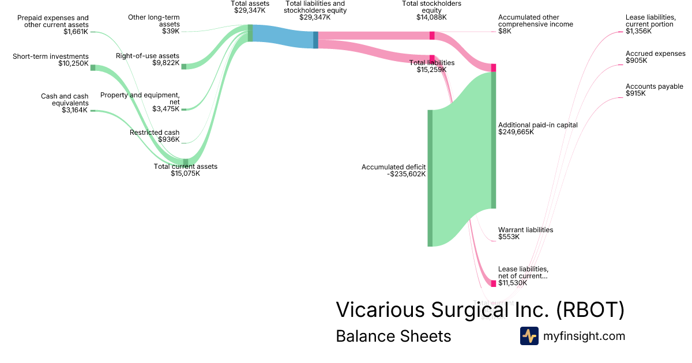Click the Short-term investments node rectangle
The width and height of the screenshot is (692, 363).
(92, 67)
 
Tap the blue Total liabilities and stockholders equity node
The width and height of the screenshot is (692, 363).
(315, 40)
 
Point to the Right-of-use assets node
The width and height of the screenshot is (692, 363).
(184, 67)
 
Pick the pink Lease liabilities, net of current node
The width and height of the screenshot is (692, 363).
(493, 283)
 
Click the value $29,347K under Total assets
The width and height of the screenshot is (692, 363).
(250, 10)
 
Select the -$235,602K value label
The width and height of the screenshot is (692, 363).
(407, 174)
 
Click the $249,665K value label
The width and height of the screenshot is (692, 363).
(516, 132)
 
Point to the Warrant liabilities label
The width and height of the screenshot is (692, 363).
(525, 230)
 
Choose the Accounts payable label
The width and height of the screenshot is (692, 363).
(654, 86)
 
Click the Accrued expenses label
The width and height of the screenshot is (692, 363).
(655, 54)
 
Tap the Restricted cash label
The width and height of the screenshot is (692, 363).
(154, 133)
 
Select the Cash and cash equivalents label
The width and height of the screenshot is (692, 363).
(65, 100)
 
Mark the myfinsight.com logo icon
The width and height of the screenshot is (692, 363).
(529, 336)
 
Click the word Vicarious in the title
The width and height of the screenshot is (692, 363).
(380, 310)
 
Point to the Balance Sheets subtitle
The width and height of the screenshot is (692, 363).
(393, 336)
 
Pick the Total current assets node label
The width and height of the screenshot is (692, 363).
(185, 167)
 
